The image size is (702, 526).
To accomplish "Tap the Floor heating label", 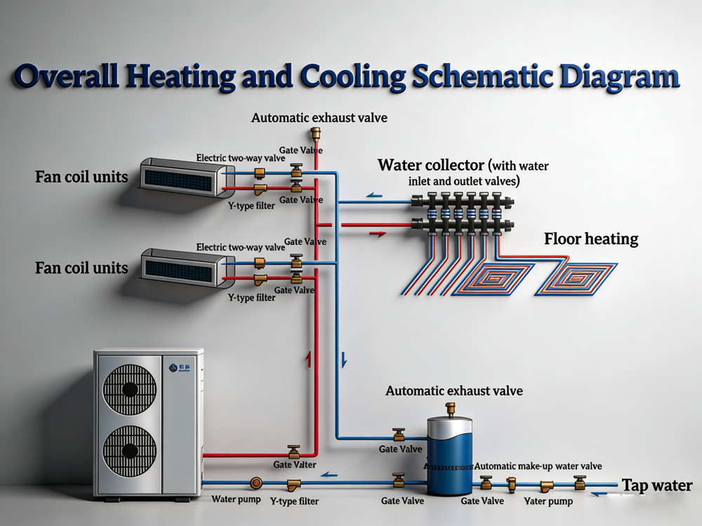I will (x=591, y=238).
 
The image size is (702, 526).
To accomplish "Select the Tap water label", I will (x=657, y=485).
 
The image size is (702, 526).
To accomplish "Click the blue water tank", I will (x=450, y=456).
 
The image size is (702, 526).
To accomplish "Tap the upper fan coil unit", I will (x=187, y=175).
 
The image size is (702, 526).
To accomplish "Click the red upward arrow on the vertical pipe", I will (x=307, y=360).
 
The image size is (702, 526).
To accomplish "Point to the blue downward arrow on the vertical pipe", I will (x=344, y=360).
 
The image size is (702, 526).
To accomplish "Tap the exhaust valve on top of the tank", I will (x=450, y=409).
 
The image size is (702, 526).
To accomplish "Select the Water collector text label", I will (x=431, y=166).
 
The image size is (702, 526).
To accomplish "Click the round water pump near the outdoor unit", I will (x=257, y=483).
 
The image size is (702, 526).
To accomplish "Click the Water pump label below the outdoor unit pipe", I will (x=236, y=500).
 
